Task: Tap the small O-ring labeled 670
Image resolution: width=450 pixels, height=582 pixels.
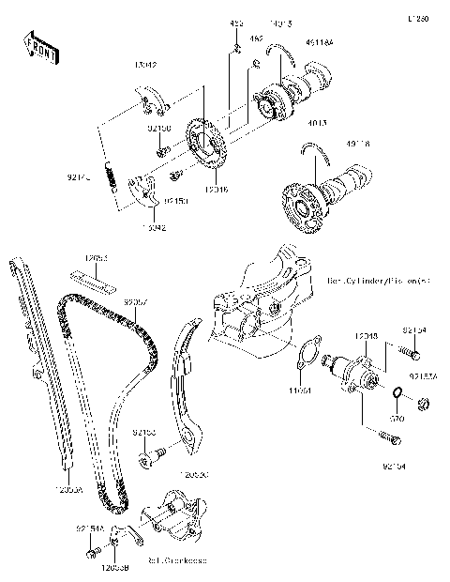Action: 397,391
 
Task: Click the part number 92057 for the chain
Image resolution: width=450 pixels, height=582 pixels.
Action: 136,302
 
